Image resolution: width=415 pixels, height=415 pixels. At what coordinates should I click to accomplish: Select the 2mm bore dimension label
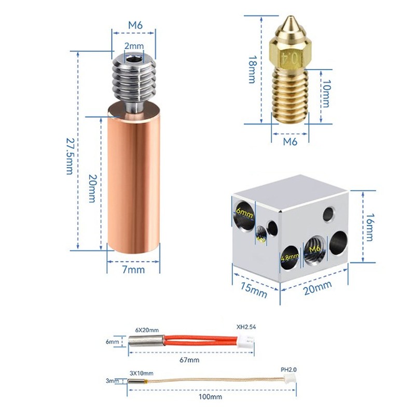(x=134, y=47)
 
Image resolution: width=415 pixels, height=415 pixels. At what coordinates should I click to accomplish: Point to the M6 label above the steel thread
(x=134, y=24)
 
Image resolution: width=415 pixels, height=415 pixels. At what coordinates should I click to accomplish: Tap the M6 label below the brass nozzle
(x=290, y=141)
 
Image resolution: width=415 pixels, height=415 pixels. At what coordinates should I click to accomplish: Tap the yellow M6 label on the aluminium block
(x=314, y=250)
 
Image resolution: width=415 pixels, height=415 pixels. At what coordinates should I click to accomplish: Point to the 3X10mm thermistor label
(x=141, y=372)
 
